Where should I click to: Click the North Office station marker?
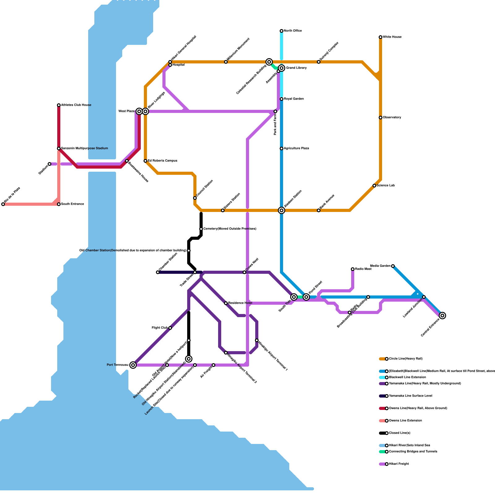[282, 31]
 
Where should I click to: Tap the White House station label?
[392, 37]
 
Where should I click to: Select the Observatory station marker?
[381, 118]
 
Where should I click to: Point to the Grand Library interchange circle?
[282, 68]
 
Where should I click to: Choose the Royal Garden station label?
[294, 99]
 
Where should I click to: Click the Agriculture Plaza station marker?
[282, 148]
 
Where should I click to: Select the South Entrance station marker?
[59, 204]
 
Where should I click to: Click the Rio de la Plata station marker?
[3, 204]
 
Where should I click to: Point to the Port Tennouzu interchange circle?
[133, 365]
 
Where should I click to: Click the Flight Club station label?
[160, 328]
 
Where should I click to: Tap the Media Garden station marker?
[393, 266]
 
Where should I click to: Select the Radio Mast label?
[363, 269]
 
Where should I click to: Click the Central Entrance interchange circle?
[442, 316]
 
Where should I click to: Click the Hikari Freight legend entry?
[399, 464]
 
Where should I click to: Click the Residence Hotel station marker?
[226, 303]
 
